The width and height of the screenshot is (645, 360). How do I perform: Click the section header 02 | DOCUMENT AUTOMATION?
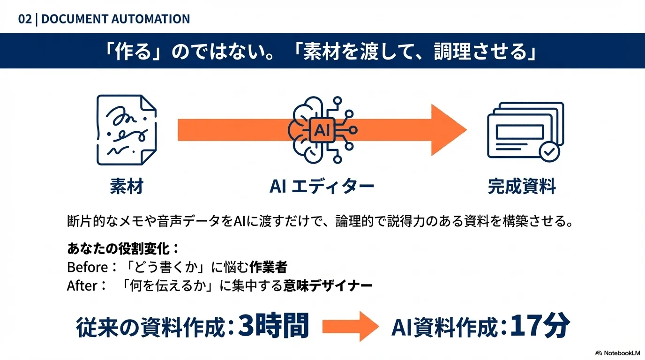[104, 19]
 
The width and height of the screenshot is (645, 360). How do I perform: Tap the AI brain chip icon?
[322, 130]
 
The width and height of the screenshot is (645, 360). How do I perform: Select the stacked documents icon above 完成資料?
[525, 130]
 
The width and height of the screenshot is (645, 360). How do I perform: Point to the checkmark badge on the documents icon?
[549, 151]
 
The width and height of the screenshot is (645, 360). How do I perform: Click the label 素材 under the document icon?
[126, 187]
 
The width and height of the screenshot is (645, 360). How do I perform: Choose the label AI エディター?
[322, 187]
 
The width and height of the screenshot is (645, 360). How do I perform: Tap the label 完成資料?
[522, 187]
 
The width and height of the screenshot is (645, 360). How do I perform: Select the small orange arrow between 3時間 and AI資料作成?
[350, 325]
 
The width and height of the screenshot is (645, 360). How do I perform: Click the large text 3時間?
[273, 325]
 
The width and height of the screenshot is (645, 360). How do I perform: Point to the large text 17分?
[540, 325]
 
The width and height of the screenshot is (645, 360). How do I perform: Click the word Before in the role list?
[87, 267]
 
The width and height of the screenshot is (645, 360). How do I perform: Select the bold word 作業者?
[268, 267]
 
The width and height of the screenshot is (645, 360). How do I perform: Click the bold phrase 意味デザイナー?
[328, 285]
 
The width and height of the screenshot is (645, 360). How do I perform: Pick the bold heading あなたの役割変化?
[120, 248]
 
